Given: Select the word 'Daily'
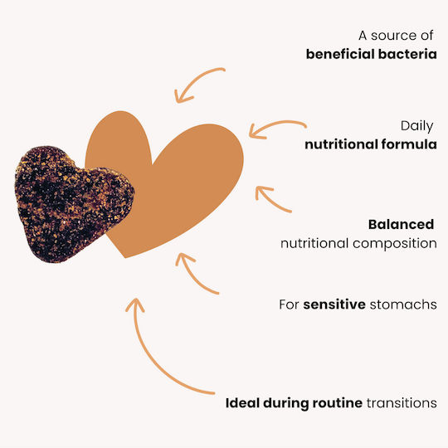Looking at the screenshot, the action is [x=416, y=126].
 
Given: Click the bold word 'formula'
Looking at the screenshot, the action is [x=409, y=144].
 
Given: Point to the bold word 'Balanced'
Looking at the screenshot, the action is [x=402, y=225].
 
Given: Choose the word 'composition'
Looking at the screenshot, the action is [x=395, y=244].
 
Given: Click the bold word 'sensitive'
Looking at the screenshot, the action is [x=334, y=304].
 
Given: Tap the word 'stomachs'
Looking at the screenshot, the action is [x=403, y=304].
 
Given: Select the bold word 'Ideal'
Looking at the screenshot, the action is [x=242, y=403].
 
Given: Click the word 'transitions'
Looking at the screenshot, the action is [x=402, y=403].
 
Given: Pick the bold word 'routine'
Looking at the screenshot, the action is [x=338, y=403].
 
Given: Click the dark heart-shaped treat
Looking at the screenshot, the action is [x=74, y=204].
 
